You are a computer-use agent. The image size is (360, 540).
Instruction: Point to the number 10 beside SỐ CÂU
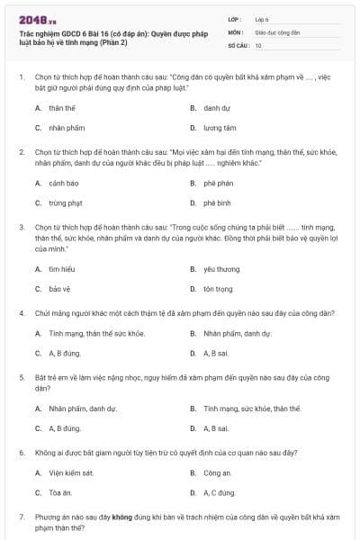click(258, 44)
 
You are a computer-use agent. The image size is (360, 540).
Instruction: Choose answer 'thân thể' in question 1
click(61, 107)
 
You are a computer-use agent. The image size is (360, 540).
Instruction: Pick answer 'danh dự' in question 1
click(216, 107)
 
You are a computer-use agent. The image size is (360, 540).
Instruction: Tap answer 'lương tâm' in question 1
click(219, 128)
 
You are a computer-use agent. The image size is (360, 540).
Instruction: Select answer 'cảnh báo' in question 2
click(62, 183)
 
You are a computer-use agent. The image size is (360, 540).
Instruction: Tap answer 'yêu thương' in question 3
click(220, 268)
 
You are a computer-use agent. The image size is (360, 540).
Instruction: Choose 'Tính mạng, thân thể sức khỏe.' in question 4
click(96, 333)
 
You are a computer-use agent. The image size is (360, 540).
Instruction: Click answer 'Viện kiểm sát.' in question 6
click(70, 472)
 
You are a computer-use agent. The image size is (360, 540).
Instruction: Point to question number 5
click(22, 377)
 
